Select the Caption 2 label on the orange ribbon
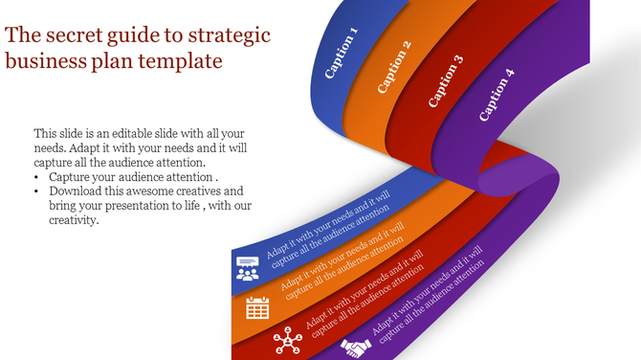393,67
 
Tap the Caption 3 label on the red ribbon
446,80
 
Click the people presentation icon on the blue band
248,268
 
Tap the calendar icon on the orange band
257,307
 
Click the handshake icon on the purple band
357,349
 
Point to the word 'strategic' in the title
230,36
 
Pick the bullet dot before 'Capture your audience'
37,177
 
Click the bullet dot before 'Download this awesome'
37,191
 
